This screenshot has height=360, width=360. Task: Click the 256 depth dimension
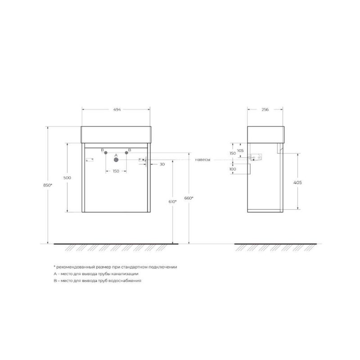point(265,110)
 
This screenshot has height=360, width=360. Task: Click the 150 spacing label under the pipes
point(116,171)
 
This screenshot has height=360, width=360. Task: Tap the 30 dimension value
point(162,164)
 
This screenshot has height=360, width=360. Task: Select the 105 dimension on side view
point(240,150)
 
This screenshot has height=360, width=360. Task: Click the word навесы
point(202,160)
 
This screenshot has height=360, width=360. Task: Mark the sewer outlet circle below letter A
point(116,159)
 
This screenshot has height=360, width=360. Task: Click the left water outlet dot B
point(106,153)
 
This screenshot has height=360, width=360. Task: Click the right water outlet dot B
point(126,153)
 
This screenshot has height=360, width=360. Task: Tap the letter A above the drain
point(116,154)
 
